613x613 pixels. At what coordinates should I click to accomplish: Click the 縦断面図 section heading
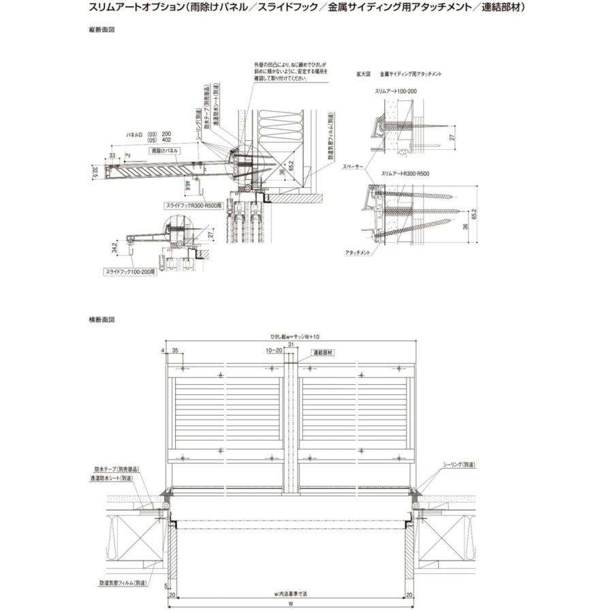(x=101, y=31)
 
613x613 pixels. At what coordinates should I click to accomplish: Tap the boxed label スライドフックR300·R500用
(x=193, y=204)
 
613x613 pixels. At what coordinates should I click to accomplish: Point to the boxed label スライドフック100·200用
(x=130, y=271)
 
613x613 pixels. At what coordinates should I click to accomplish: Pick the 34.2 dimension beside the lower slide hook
(x=116, y=245)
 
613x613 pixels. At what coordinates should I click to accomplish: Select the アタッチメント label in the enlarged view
(x=358, y=252)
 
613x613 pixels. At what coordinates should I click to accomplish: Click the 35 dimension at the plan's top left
(x=176, y=351)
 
